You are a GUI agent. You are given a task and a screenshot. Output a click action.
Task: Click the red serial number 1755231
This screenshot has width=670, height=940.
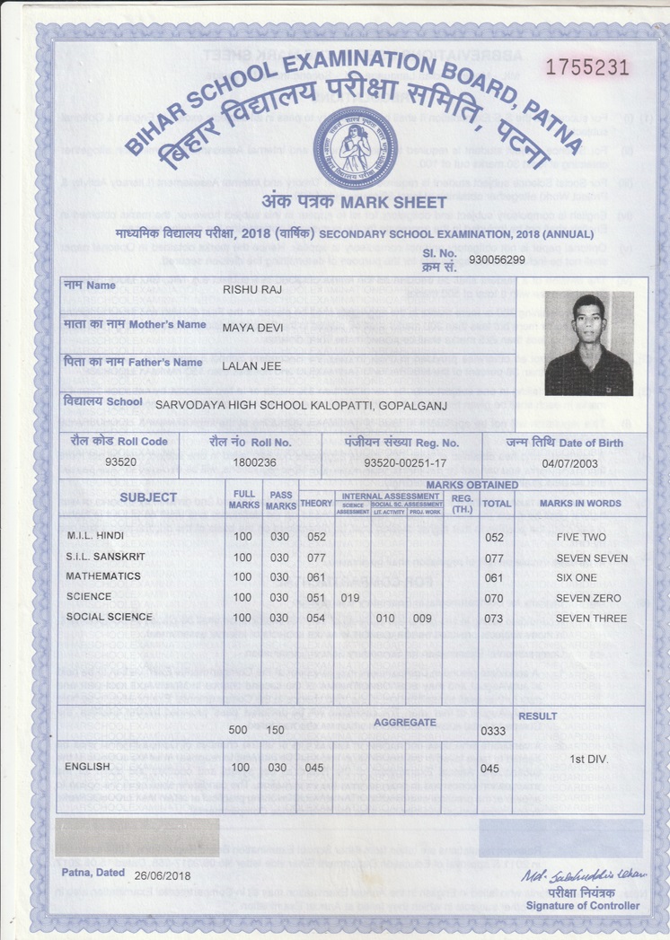[x=587, y=68]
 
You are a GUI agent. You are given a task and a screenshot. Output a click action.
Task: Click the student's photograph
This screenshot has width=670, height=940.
[x=588, y=344]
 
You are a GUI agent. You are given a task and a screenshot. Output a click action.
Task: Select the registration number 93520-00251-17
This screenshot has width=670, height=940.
[x=405, y=461]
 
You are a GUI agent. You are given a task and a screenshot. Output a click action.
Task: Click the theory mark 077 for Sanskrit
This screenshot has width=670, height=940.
[x=315, y=558]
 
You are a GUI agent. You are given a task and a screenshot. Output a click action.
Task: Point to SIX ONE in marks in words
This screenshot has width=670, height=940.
[x=576, y=578]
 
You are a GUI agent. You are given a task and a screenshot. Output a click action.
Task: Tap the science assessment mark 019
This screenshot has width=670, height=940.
[x=350, y=598]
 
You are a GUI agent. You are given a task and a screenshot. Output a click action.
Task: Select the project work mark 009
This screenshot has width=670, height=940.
[x=422, y=619]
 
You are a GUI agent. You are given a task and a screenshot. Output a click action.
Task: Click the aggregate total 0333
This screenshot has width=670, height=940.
[x=494, y=732]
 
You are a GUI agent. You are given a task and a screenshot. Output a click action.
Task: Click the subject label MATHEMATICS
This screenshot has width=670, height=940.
[x=103, y=576]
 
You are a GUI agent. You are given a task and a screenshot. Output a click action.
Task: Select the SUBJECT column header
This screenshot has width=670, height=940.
[x=148, y=497]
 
